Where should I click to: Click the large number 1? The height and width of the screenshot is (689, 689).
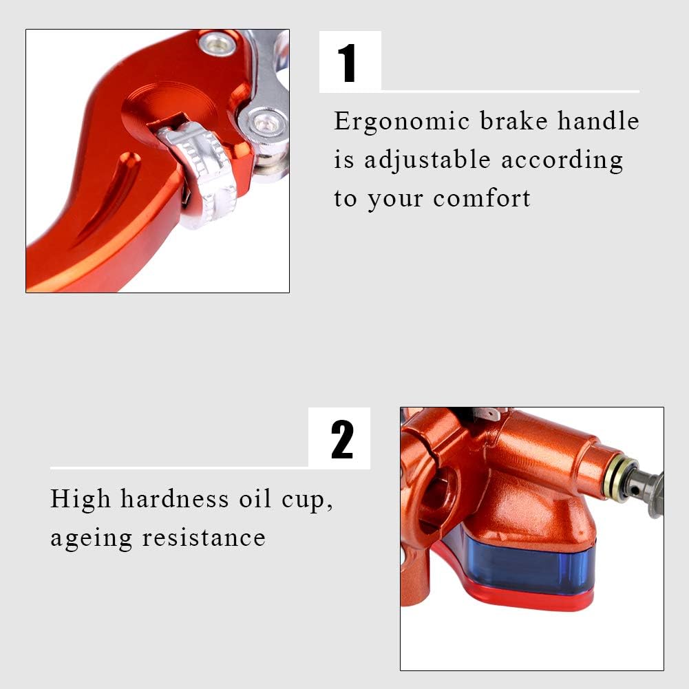348,63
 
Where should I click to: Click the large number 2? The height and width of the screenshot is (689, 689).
342,439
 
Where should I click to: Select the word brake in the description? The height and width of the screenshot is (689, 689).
514,120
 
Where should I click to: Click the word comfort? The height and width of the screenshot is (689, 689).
482,198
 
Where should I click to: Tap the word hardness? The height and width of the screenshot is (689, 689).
174,499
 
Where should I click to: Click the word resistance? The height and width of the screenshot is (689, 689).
204,538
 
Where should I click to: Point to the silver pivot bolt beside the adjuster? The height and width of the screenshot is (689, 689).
264,125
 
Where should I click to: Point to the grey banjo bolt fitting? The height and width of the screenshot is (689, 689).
646,489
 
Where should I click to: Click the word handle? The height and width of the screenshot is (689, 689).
598,120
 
